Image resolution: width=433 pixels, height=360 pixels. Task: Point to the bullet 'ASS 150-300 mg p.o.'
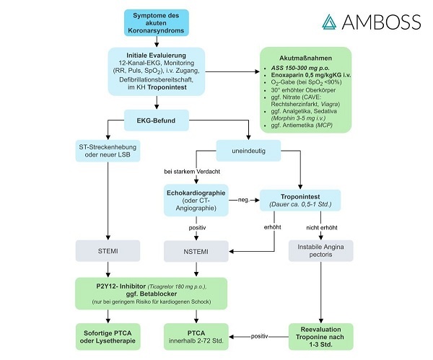coord(305,67)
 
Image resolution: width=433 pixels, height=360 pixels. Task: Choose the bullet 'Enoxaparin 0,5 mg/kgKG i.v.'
coord(310,76)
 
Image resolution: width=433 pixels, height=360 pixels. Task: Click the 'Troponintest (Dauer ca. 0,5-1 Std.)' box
coord(299,199)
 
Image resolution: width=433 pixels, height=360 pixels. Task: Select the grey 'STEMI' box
coord(108,250)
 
